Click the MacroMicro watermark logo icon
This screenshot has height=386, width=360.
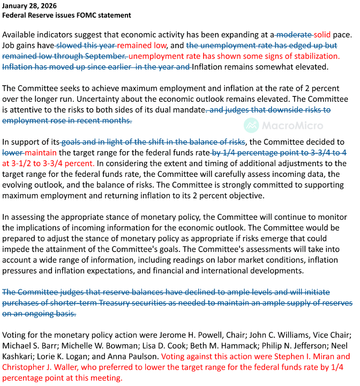[x=251, y=125]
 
